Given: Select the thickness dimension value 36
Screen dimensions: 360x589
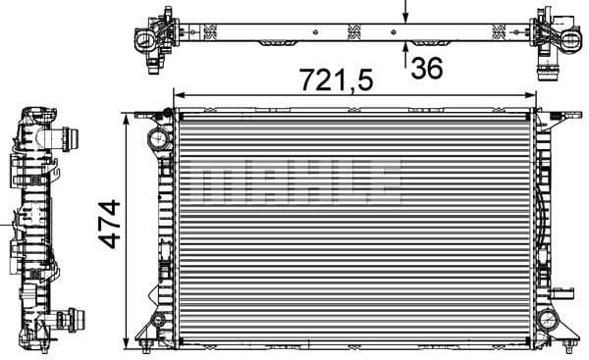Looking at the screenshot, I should pos(427,68).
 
